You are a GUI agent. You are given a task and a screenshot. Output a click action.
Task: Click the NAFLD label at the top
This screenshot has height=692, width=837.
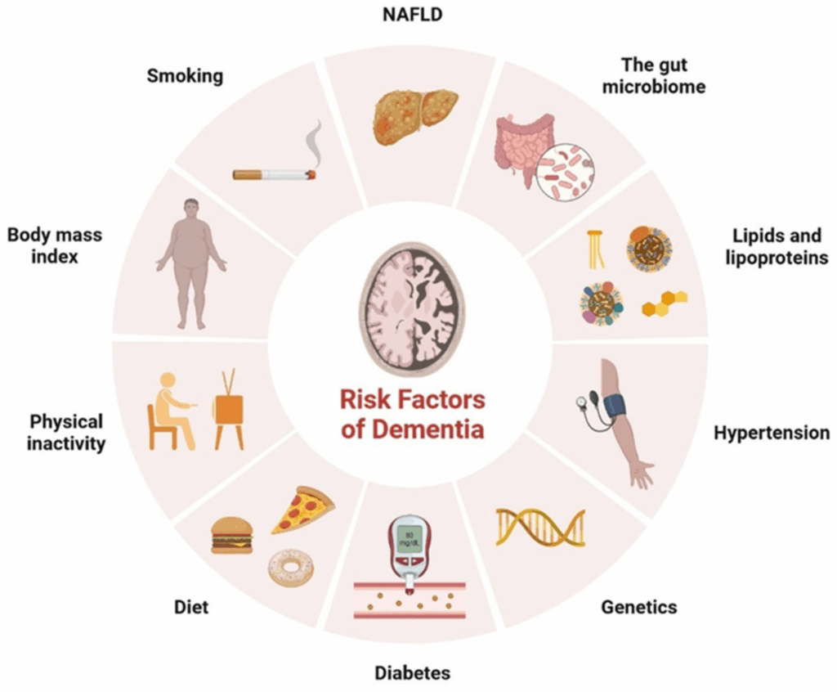tap(413, 15)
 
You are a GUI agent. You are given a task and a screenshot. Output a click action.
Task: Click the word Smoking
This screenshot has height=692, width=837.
tap(185, 76)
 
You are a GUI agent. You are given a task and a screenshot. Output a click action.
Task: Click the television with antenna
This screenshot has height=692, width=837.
tap(230, 409)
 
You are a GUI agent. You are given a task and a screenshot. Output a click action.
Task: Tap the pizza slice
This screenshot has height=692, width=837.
tap(302, 510)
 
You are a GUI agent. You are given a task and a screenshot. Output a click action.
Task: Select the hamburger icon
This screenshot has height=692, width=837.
tap(231, 535)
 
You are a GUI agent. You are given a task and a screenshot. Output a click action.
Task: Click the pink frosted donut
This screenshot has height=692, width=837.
tap(291, 568)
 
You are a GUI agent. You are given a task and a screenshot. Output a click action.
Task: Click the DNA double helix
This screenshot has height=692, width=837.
tap(540, 527)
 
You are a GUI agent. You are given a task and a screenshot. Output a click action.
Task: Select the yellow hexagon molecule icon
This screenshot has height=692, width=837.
tap(665, 303)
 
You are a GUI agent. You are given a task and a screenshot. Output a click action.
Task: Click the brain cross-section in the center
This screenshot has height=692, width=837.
tap(413, 308)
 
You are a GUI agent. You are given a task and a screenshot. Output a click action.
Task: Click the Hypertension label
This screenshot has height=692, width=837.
tap(772, 433)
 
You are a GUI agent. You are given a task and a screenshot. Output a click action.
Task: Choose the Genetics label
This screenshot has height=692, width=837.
tap(639, 607)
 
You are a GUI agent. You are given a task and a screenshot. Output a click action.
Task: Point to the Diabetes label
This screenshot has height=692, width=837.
tap(413, 672)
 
